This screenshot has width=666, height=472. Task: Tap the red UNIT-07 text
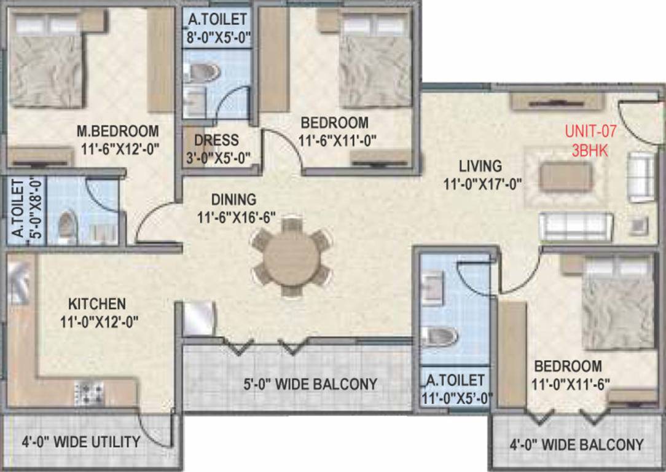point(590,131)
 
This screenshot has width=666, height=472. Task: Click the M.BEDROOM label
point(117,132)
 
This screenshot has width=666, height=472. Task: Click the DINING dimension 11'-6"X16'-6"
point(235,218)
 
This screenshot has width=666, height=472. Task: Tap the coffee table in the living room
point(566,177)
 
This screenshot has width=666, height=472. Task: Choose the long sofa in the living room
point(576,227)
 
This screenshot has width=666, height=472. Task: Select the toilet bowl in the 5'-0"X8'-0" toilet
point(66,225)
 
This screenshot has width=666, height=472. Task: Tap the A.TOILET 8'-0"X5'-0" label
point(217,28)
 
